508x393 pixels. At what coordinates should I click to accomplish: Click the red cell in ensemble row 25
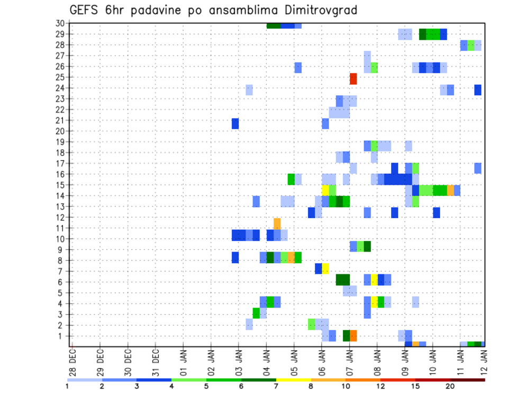pyautogui.click(x=353, y=78)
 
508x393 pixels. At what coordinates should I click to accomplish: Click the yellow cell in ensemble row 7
pyautogui.click(x=325, y=269)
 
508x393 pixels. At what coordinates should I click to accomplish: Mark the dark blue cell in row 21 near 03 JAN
pyautogui.click(x=235, y=123)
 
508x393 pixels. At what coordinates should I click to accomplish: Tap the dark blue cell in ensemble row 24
pyautogui.click(x=478, y=90)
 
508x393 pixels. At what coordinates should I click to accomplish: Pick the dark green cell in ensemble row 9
pyautogui.click(x=367, y=246)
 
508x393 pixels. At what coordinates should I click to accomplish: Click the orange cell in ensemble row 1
pyautogui.click(x=353, y=336)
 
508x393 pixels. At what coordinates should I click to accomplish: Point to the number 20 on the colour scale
pyautogui.click(x=450, y=386)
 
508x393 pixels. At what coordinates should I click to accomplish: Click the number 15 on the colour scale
pyautogui.click(x=415, y=386)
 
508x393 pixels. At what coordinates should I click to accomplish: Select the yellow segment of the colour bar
pyautogui.click(x=294, y=380)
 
